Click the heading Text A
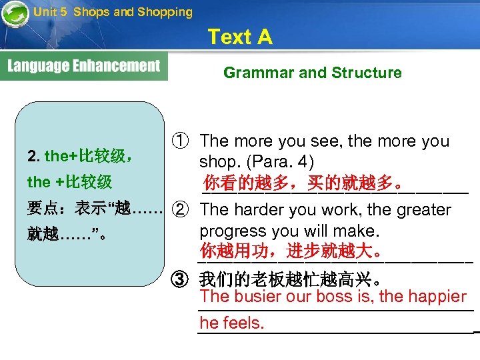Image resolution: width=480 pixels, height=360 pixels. pos(240,37)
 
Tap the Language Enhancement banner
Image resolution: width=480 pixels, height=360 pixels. pos(84,67)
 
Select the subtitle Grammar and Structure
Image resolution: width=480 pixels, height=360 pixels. pos(312,73)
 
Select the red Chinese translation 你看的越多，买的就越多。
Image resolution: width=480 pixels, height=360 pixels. pos(303,182)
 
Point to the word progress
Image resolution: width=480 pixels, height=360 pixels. pos(229,231)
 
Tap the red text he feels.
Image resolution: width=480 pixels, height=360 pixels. pos(231,323)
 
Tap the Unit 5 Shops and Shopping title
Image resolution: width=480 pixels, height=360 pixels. pos(113,11)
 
